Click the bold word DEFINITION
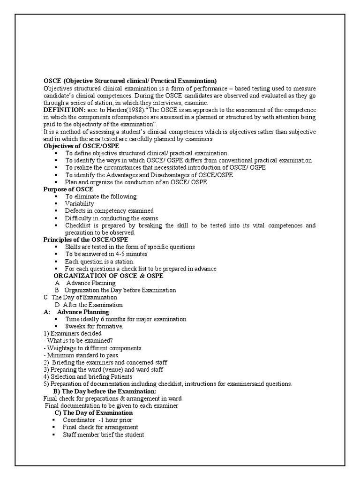tap(63, 110)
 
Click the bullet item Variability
tap(79, 203)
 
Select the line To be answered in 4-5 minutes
tap(106, 254)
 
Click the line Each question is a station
tap(99, 261)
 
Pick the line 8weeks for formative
tap(94, 326)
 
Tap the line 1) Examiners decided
tap(72, 333)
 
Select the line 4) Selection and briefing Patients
tap(88, 376)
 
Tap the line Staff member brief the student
tap(103, 435)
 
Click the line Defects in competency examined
tap(109, 211)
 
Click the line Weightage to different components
tap(92, 348)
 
